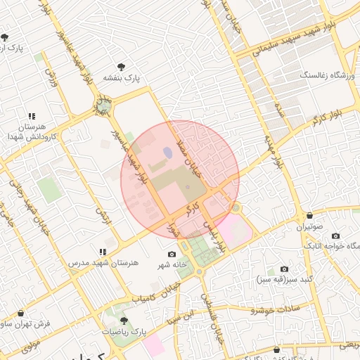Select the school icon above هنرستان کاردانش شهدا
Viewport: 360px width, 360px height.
click(x=31, y=116)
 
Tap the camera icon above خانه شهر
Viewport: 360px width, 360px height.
click(x=172, y=254)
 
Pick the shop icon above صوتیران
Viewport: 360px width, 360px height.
click(x=309, y=215)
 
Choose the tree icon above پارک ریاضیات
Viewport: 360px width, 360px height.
click(x=124, y=320)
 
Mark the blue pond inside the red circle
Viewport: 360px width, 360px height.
click(x=167, y=151)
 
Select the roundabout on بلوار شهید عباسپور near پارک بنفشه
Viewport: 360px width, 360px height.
click(x=104, y=108)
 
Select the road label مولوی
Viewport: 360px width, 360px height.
click(x=31, y=345)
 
